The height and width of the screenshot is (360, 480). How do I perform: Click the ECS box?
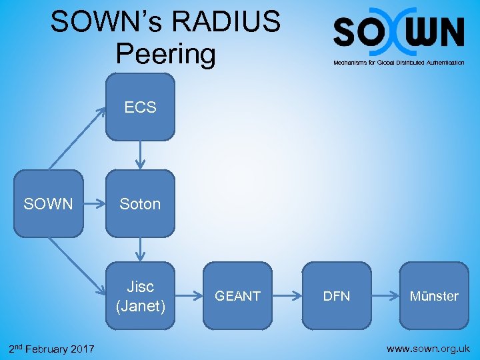140,107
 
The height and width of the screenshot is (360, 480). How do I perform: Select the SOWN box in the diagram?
48,204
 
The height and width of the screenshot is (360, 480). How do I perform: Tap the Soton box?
140,204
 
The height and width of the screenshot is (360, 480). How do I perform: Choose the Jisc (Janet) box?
140,296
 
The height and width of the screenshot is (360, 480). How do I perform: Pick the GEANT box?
237,296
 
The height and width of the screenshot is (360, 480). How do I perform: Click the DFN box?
337,296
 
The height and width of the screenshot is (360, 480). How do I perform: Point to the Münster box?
435,296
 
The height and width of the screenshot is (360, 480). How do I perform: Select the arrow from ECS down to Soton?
140,155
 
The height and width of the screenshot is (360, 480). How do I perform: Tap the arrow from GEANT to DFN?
287,295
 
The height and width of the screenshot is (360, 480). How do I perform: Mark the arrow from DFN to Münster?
385,295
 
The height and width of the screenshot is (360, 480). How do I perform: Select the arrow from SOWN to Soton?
95,204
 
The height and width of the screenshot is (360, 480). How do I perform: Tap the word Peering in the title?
165,53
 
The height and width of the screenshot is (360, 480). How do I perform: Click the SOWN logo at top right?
399,31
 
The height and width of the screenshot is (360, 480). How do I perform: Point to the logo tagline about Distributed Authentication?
399,62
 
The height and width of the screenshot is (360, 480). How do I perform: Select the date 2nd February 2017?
51,349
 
